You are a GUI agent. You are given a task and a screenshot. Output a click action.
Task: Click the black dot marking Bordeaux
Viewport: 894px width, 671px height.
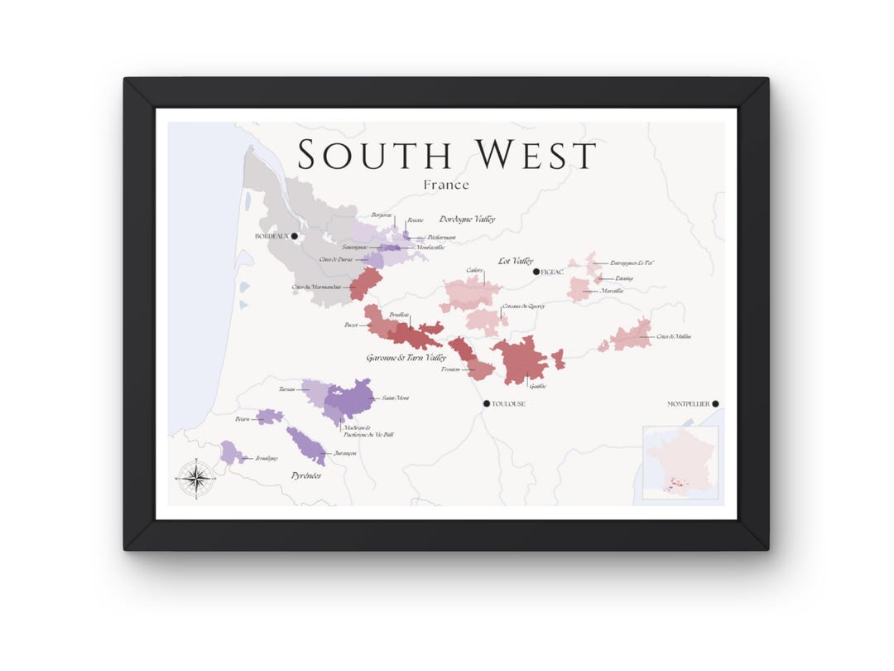click(x=294, y=236)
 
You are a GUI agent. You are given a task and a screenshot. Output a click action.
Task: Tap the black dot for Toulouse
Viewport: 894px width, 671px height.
click(x=487, y=403)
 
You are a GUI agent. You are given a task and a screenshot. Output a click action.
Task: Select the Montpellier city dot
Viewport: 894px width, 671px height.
click(x=715, y=404)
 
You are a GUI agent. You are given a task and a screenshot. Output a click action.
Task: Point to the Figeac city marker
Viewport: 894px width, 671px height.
click(x=536, y=272)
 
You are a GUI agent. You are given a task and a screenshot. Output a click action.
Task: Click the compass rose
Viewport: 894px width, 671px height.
click(x=196, y=478)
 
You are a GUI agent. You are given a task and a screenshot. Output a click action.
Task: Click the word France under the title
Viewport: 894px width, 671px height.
click(x=446, y=185)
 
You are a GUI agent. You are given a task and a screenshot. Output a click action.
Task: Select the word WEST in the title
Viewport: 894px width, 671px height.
click(x=535, y=155)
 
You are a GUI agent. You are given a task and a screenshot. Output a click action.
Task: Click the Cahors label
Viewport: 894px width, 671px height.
click(x=474, y=270)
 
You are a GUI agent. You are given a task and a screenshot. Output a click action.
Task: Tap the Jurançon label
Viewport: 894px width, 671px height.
click(x=344, y=453)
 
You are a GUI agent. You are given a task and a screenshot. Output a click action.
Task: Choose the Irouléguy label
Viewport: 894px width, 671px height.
click(x=267, y=458)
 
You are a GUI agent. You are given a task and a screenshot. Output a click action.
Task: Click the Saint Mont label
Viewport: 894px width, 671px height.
click(x=396, y=398)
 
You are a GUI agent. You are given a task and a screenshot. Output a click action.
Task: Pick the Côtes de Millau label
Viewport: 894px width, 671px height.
click(x=674, y=336)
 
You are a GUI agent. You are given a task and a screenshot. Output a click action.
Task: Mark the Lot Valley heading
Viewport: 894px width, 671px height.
click(x=515, y=261)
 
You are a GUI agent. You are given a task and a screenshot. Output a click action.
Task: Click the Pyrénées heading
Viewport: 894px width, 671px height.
click(x=305, y=475)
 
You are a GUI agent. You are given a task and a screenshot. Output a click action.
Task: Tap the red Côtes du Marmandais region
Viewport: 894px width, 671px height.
click(x=364, y=283)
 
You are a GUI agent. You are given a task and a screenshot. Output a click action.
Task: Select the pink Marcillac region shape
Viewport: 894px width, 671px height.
click(x=578, y=289)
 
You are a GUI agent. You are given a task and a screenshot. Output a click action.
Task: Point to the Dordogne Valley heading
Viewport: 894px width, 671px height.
click(x=468, y=219)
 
